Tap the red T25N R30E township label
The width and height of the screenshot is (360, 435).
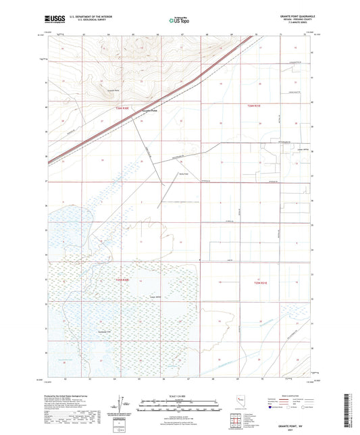tap(122, 279)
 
